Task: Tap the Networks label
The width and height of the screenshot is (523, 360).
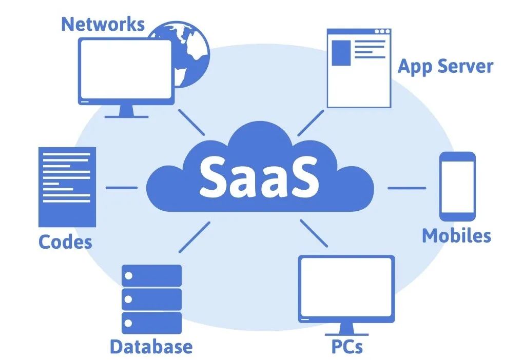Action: click(103, 24)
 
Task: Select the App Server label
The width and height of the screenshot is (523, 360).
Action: click(445, 67)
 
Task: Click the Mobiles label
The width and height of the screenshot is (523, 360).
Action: click(456, 235)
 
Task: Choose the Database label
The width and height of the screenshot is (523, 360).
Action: click(151, 347)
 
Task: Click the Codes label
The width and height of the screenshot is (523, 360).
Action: click(65, 242)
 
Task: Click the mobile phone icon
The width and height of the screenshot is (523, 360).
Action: click(457, 186)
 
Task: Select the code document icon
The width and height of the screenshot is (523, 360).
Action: click(67, 187)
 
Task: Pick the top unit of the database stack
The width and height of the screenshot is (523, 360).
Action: click(151, 276)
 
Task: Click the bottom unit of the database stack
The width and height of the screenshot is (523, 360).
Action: click(151, 323)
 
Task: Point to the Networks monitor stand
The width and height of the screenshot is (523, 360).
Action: click(126, 110)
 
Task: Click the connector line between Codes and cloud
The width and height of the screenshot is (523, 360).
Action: click(121, 187)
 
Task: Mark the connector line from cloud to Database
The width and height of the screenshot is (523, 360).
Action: click(195, 236)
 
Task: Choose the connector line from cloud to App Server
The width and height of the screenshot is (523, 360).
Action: click(311, 122)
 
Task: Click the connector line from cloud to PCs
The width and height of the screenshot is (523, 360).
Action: click(314, 233)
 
